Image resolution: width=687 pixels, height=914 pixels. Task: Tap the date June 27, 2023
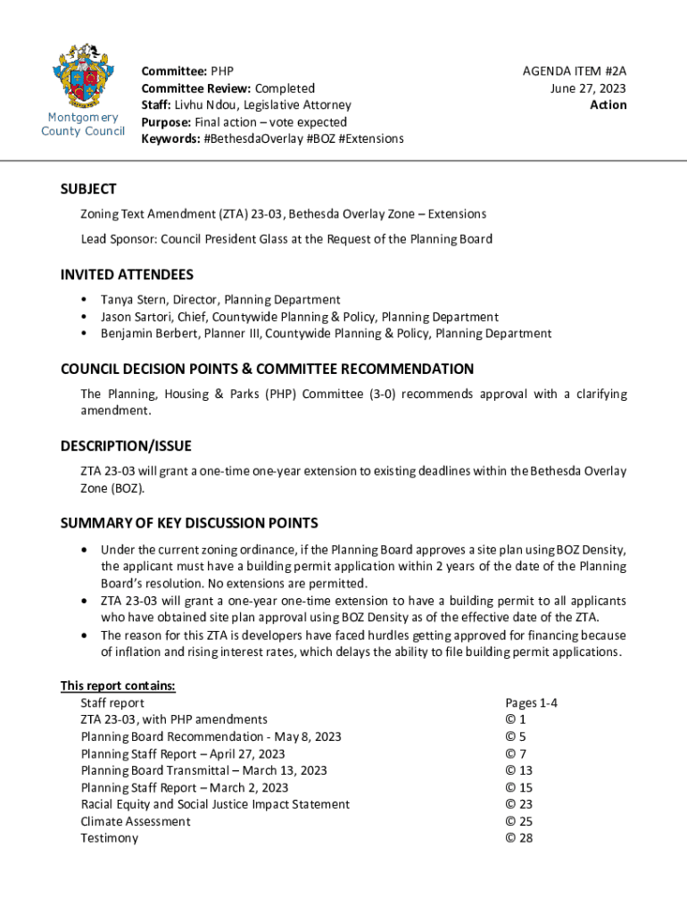588,87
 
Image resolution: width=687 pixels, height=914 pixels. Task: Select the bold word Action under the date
608,104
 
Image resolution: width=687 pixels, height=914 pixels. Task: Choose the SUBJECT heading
88,189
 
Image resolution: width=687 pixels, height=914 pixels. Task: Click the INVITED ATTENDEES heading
127,275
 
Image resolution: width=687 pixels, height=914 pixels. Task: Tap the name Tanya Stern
133,300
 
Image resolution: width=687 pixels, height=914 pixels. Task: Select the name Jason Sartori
137,317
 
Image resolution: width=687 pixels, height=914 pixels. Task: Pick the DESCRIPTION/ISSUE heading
126,445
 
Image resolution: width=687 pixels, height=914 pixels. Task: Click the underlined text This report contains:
118,685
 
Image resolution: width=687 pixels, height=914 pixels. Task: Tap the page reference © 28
519,838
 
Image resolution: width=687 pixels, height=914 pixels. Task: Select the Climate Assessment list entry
136,821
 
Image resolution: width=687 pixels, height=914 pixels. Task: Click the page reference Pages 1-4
531,702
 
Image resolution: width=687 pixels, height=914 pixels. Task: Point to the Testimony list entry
110,838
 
